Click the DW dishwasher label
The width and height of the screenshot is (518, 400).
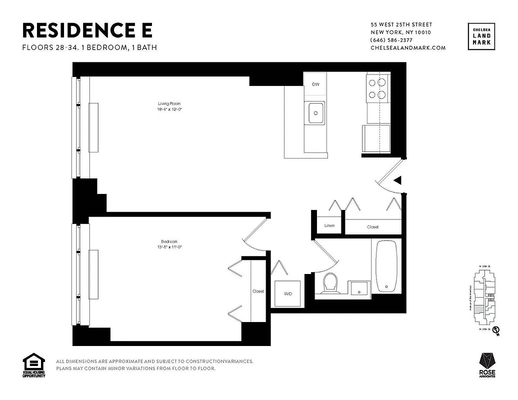click(x=315, y=84)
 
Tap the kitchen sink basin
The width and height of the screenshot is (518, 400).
click(x=315, y=112)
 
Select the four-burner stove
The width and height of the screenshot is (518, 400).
click(x=378, y=88)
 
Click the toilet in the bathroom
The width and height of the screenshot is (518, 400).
click(x=330, y=283)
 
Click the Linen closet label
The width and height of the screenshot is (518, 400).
click(x=329, y=226)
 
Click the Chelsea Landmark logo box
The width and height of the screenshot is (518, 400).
click(x=482, y=36)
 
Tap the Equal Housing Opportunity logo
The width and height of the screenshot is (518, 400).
click(x=34, y=365)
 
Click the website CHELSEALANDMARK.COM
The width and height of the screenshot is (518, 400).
click(x=407, y=48)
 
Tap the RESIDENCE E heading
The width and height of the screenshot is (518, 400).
click(x=87, y=30)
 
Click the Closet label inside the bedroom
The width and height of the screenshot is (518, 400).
click(x=258, y=291)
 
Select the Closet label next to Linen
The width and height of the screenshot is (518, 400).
click(x=372, y=227)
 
